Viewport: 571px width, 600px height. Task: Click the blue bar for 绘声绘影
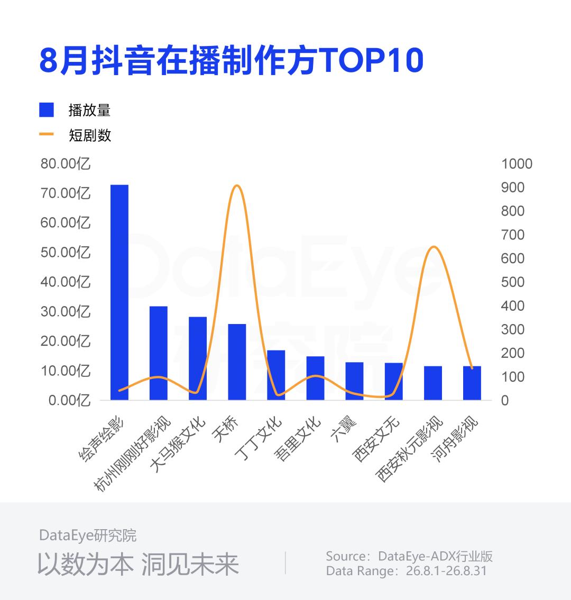[119, 292]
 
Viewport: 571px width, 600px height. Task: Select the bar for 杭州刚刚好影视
[159, 353]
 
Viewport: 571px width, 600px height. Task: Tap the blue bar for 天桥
[237, 362]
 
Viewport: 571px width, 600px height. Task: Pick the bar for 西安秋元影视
[433, 383]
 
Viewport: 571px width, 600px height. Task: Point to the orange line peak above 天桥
[237, 186]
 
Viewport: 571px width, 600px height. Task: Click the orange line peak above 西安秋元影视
[433, 247]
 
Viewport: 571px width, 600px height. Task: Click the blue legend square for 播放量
[47, 110]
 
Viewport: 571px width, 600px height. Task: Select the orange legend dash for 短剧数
[47, 134]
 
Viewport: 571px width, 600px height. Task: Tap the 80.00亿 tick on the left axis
[66, 164]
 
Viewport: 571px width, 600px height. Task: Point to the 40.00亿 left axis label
[66, 282]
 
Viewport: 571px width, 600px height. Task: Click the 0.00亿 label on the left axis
[69, 401]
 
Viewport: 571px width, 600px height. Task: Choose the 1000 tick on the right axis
[517, 164]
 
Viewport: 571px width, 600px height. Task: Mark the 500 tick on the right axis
[512, 282]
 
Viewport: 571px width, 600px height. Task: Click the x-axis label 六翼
[344, 429]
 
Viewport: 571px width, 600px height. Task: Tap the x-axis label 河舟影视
[455, 439]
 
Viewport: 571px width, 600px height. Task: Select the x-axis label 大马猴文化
[178, 444]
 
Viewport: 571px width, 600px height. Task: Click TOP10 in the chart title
[371, 60]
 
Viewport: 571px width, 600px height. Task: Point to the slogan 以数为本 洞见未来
[138, 564]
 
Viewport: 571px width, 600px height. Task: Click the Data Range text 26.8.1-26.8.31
[446, 571]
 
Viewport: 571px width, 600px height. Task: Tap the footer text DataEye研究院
[88, 536]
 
